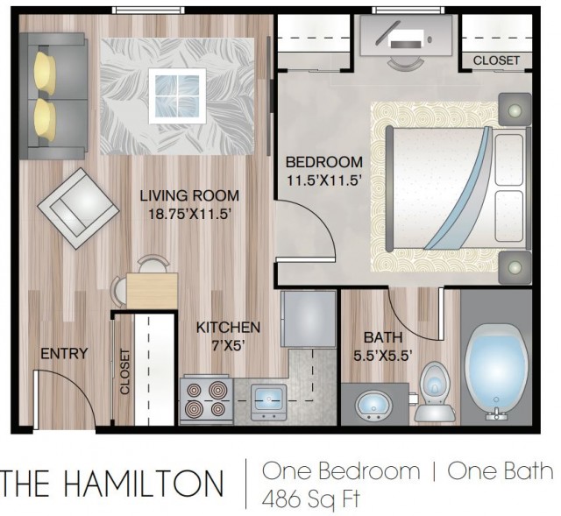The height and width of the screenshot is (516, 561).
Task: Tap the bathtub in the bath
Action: (497, 372)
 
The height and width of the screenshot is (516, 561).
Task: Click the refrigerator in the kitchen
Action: (309, 319)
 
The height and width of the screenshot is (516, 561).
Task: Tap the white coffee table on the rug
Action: (177, 96)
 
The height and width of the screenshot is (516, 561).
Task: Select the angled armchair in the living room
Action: (78, 209)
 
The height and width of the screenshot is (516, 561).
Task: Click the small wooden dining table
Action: (152, 290)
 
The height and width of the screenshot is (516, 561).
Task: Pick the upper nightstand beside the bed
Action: (515, 109)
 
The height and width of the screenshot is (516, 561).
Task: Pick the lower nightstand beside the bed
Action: (515, 267)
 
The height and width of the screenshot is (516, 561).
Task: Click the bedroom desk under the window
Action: (406, 36)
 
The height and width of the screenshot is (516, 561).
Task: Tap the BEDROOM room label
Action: (323, 162)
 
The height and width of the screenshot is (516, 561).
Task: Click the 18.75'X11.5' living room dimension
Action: (188, 214)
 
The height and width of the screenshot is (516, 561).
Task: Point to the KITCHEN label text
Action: (228, 327)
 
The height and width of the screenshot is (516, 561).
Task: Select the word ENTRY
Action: (64, 353)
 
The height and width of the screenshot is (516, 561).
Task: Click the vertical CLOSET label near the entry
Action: (124, 371)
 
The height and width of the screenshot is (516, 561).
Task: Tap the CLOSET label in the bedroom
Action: (496, 60)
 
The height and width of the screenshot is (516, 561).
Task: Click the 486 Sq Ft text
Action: (310, 498)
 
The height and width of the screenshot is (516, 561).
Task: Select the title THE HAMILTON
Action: (112, 484)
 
